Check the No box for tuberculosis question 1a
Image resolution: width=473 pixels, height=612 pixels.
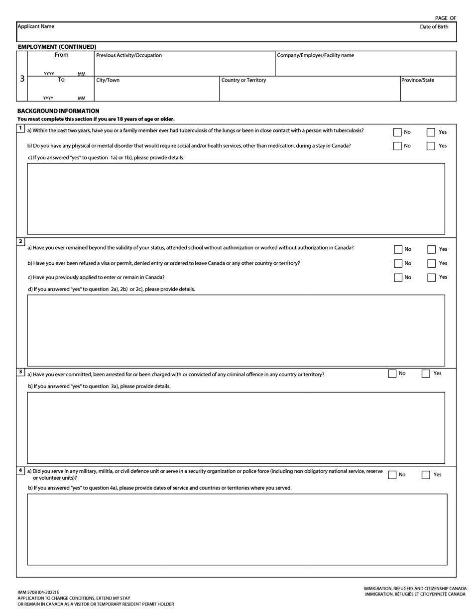point(397,132)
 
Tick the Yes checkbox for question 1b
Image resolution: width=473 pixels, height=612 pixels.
point(431,146)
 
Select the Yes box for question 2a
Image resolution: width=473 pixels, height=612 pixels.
point(432,250)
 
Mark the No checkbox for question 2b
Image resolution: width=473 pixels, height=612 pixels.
point(398,264)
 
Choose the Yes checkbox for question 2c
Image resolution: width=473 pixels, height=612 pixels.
point(432,278)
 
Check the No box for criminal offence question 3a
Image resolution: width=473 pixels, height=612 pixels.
point(392,374)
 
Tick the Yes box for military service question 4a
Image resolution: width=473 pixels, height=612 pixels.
point(426,475)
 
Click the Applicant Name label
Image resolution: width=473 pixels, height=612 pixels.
point(36,26)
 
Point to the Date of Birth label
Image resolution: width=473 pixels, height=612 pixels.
point(434,27)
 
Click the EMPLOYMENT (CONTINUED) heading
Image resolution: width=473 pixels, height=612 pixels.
point(57,47)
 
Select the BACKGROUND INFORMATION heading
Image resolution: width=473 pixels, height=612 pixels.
point(58,111)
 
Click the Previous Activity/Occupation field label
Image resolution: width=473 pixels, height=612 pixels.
point(129,55)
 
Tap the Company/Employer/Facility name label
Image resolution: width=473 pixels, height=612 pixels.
point(315,55)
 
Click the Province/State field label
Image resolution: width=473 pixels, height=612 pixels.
point(417,80)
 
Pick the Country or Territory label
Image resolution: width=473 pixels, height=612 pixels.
point(243,80)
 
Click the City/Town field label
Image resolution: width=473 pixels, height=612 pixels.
point(108,80)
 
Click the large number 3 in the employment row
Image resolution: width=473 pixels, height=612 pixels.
point(22,79)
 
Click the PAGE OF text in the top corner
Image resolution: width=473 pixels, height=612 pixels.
point(445,18)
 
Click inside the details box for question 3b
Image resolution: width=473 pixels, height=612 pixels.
point(236,427)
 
